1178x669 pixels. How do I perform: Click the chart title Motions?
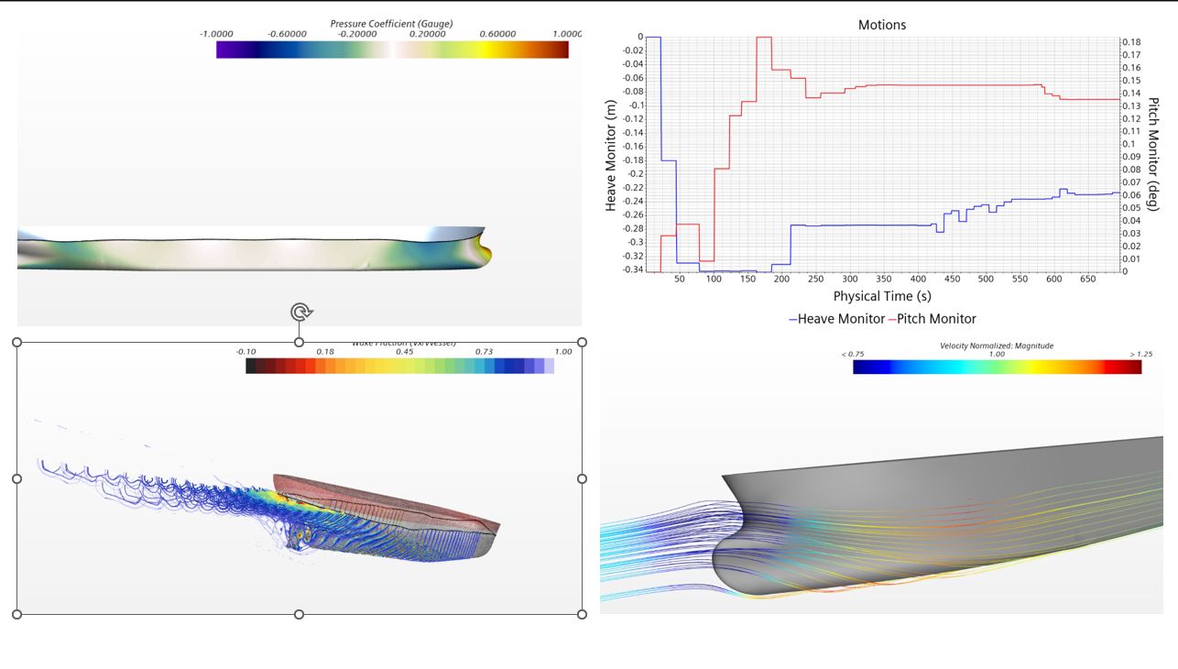(x=881, y=25)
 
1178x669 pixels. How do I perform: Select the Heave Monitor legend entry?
(x=834, y=319)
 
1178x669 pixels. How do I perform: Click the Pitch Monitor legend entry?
(x=933, y=319)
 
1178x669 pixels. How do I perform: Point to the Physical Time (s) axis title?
(x=881, y=296)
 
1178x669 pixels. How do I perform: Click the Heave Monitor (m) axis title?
(x=611, y=156)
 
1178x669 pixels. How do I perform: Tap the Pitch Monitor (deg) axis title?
(x=1152, y=154)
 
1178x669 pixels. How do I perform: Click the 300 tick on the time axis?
(x=850, y=279)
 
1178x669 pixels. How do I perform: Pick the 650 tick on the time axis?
(x=1087, y=279)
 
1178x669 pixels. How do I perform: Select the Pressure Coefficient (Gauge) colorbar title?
(x=391, y=23)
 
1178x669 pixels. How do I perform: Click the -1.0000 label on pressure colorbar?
(x=216, y=34)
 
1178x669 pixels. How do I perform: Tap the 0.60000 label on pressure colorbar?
(x=498, y=34)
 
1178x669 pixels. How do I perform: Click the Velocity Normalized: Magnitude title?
(x=997, y=345)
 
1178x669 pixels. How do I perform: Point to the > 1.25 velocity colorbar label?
(x=1141, y=354)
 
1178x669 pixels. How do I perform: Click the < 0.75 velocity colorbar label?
(x=853, y=354)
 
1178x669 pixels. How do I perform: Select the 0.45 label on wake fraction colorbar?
(x=404, y=351)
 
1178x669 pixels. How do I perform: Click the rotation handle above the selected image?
(x=300, y=313)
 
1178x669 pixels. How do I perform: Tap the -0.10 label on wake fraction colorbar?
(x=245, y=351)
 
